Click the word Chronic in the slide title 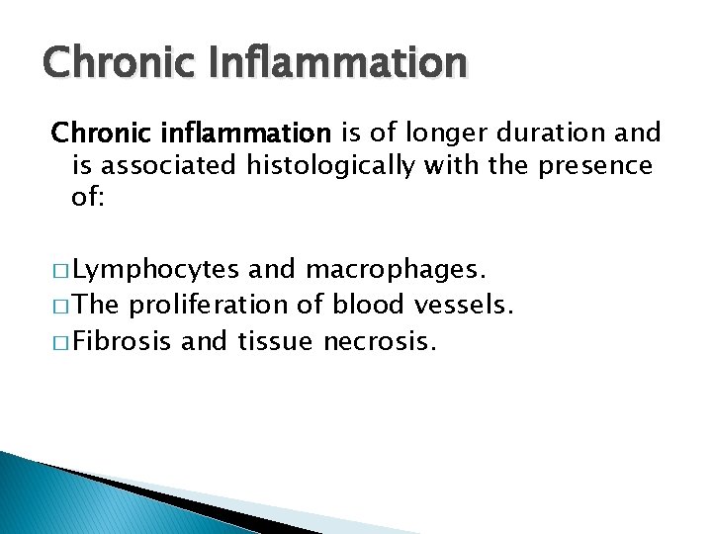tap(110, 62)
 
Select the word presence tap(595, 165)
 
